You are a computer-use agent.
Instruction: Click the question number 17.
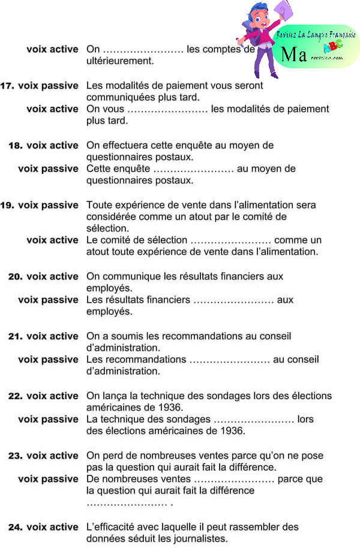(x=8, y=86)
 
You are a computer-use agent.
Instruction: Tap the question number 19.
(x=8, y=205)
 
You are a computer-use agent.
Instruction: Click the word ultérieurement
(x=120, y=61)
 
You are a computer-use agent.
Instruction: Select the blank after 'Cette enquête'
(x=193, y=169)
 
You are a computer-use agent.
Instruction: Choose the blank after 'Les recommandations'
(x=229, y=360)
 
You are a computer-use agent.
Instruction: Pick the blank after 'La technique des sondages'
(x=254, y=420)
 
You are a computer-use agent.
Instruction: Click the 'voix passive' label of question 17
(x=48, y=86)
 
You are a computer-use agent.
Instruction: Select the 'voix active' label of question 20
(x=52, y=276)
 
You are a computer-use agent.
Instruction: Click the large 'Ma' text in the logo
(x=294, y=55)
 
